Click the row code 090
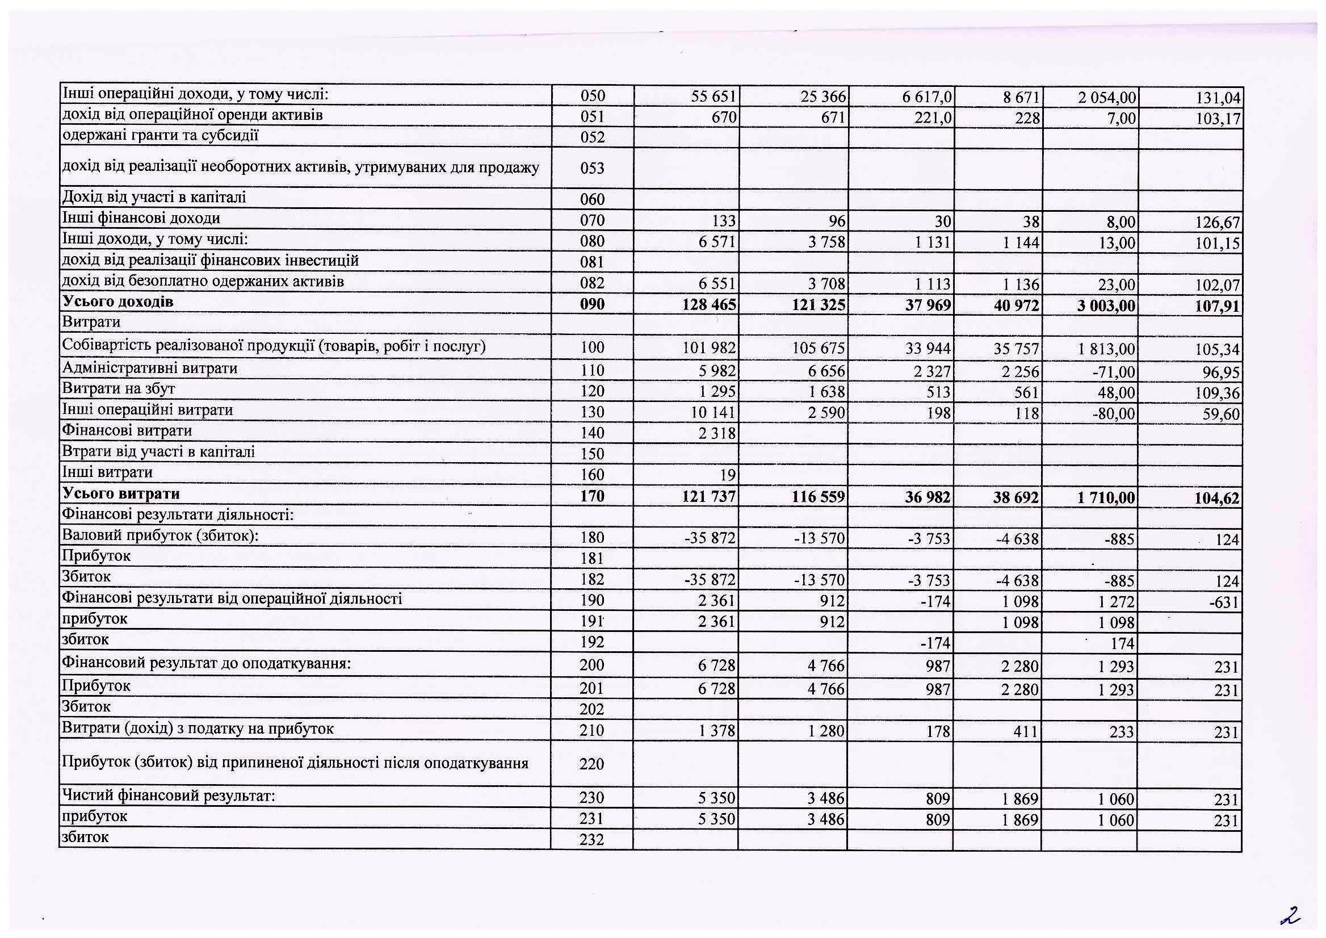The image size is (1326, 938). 592,304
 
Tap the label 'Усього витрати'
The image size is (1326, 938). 121,494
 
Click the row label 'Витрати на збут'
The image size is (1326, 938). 119,389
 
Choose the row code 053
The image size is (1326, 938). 592,168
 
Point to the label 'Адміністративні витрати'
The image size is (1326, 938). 150,368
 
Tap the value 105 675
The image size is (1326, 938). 819,348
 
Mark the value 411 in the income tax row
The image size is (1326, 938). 1027,731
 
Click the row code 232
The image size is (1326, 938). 592,839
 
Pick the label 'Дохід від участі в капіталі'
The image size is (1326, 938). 154,198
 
